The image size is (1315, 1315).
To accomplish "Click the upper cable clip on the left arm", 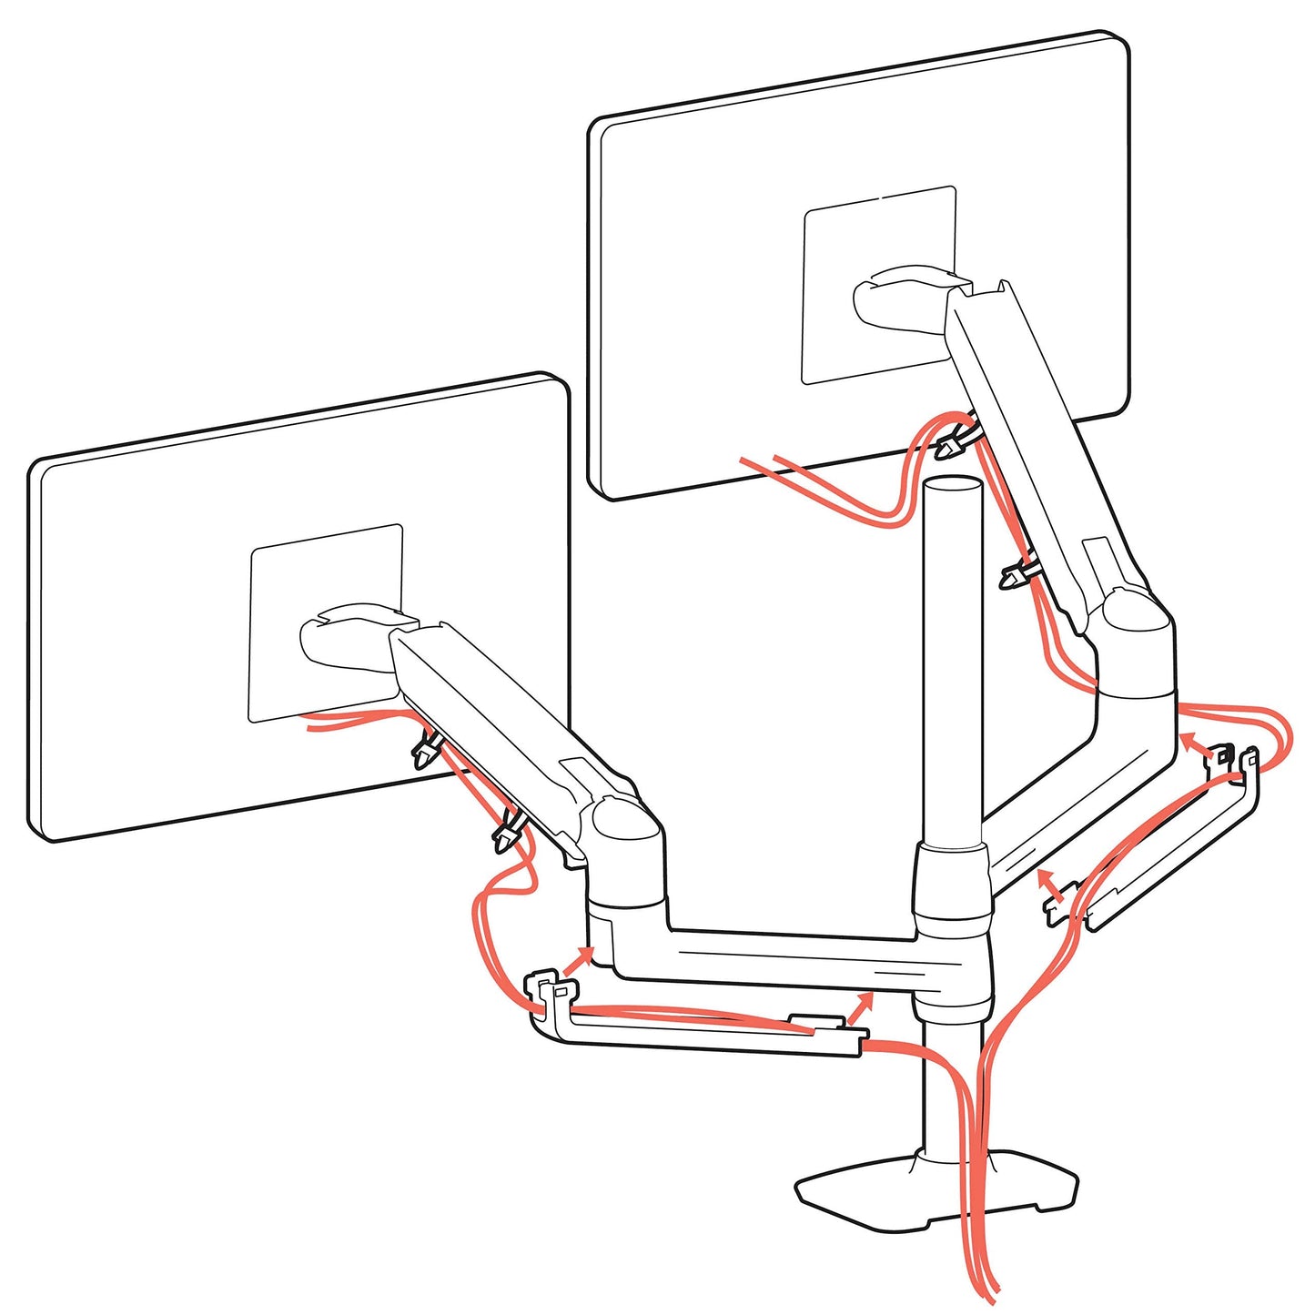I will click(426, 750).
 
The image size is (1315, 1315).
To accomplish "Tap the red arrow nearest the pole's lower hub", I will click(861, 1006).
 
